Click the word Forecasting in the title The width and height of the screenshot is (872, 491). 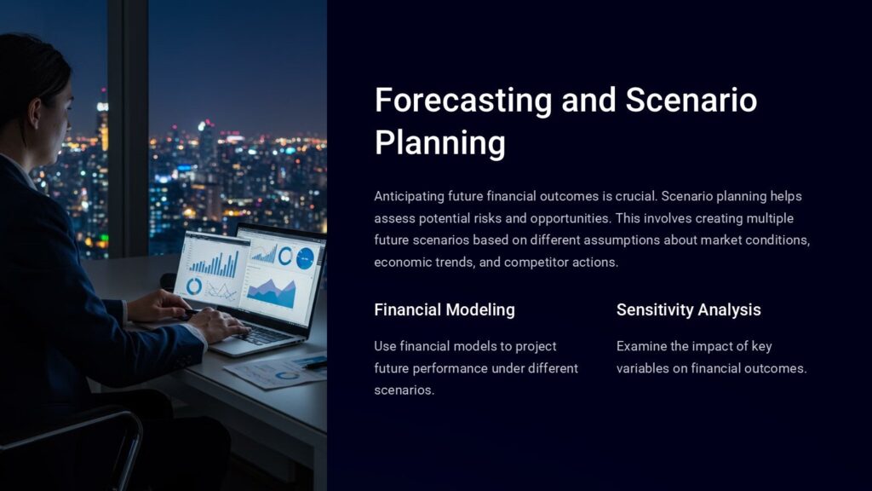tap(463, 101)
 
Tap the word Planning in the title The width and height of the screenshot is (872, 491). tap(439, 142)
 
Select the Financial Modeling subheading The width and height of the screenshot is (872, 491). tap(444, 309)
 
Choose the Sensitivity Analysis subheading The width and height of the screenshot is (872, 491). tap(688, 309)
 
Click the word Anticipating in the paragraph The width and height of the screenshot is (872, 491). tap(411, 196)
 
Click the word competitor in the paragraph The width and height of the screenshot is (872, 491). tap(534, 263)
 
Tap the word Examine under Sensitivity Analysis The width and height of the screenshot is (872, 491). tap(642, 346)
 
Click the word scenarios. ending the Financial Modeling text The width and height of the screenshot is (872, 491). tap(404, 390)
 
